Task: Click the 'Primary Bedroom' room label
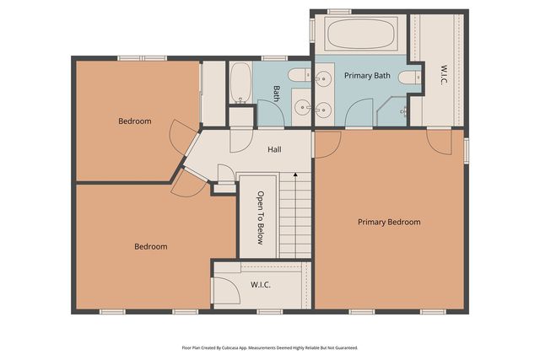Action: (388, 223)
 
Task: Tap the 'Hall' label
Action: (274, 150)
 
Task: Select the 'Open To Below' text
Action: (262, 218)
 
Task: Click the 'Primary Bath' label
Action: (367, 76)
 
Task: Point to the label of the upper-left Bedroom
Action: (135, 121)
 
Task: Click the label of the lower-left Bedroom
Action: (151, 247)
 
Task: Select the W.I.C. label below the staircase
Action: (260, 285)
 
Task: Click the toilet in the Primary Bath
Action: (409, 78)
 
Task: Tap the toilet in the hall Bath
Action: (300, 76)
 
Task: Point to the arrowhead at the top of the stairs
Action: (295, 175)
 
